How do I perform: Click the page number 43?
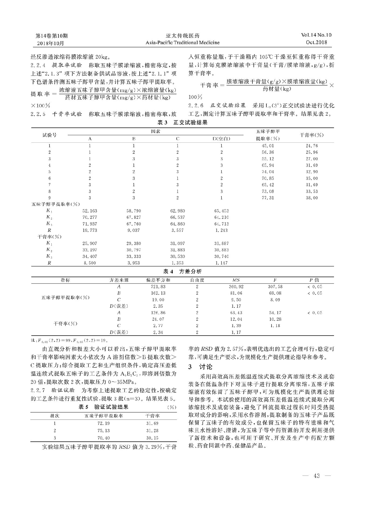(x=317, y=476)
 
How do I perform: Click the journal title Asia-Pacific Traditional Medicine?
(x=182, y=43)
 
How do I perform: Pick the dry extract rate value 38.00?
(x=312, y=198)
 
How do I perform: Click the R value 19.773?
(x=90, y=230)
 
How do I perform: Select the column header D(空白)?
(x=221, y=139)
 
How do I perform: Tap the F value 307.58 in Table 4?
(x=275, y=287)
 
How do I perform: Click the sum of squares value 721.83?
(x=159, y=287)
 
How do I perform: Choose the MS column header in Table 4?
(x=236, y=280)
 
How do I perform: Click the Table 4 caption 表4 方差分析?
(x=182, y=272)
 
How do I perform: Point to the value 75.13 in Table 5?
(x=103, y=431)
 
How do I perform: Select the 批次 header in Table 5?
(x=55, y=416)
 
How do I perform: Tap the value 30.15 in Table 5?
(x=152, y=438)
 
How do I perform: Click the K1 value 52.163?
(x=90, y=211)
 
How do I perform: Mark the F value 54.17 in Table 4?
(x=275, y=313)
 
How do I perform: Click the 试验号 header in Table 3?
(x=50, y=135)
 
